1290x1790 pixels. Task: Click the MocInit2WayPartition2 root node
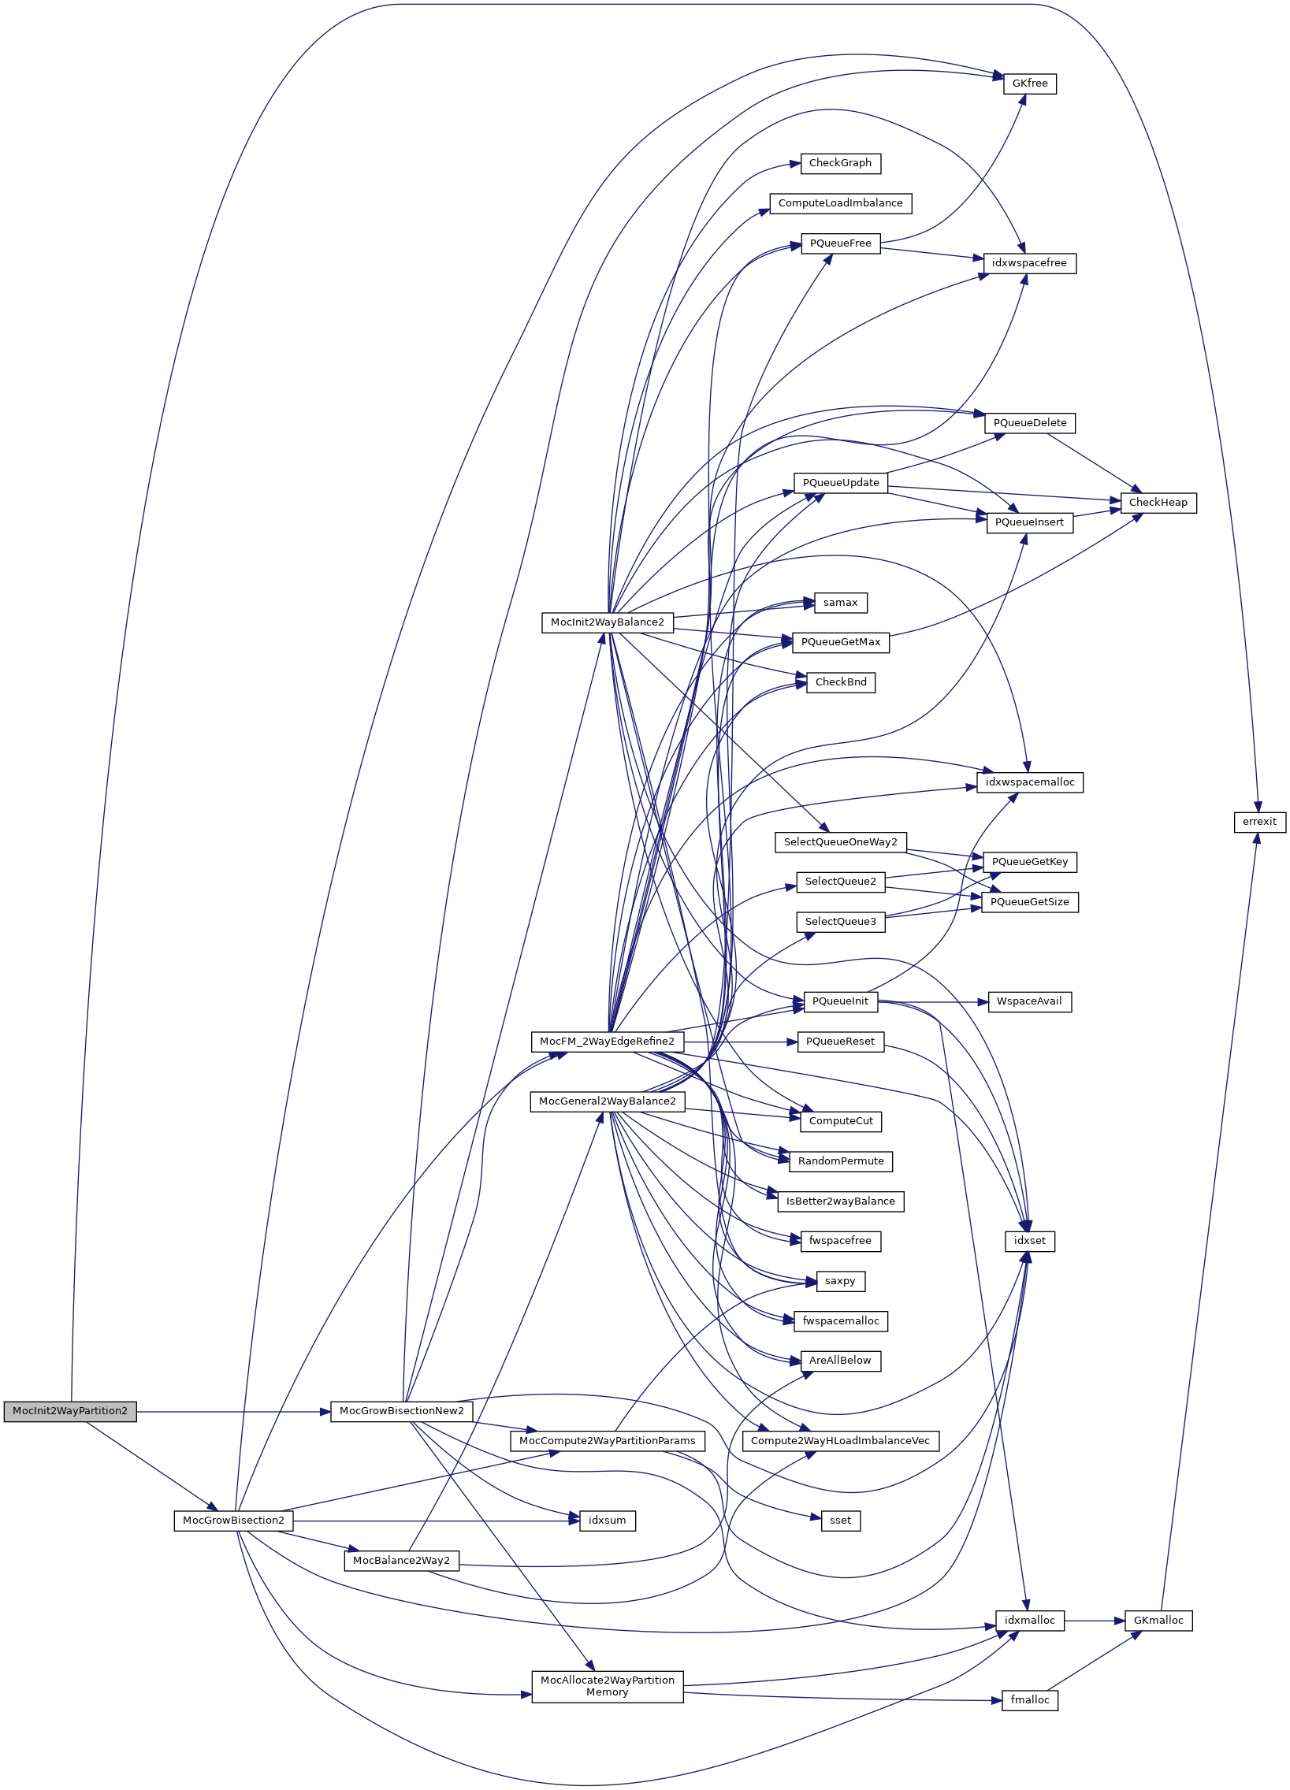69,1411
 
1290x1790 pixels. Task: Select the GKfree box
1029,84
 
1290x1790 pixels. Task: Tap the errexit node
1259,822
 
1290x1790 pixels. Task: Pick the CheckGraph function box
840,163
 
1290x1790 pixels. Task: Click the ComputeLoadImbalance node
840,203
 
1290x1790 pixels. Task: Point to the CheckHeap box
1158,503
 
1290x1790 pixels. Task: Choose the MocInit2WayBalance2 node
607,622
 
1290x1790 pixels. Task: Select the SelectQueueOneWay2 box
840,842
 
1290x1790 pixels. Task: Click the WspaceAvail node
1028,1001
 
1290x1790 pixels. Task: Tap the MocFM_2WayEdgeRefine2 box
607,1042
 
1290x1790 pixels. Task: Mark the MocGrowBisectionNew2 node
401,1411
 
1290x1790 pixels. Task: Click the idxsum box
607,1521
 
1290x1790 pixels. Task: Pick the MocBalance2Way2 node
401,1561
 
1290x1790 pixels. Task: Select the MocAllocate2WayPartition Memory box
607,1687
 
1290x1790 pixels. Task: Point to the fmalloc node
1029,1700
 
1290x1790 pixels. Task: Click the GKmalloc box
1158,1621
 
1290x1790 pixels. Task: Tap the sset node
840,1521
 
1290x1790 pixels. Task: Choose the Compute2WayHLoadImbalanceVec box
840,1441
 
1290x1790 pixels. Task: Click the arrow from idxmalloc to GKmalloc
1095,1621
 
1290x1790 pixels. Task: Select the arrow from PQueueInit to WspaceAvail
931,1001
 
